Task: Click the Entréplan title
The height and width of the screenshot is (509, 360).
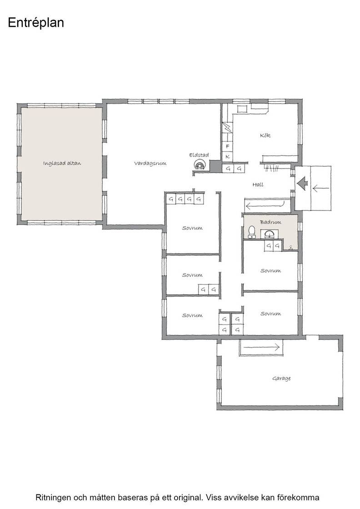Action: tap(36, 23)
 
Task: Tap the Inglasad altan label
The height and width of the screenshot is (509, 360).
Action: tap(62, 163)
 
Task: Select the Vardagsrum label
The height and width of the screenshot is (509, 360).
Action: tap(150, 163)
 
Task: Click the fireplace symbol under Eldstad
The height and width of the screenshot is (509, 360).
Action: tap(199, 165)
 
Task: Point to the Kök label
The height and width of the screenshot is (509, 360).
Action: tap(265, 135)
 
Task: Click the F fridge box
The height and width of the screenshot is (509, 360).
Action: tap(228, 146)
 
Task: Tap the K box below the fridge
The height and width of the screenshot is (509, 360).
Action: tap(228, 156)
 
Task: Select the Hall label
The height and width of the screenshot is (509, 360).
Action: tap(258, 185)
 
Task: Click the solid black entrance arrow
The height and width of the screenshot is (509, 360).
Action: tap(302, 184)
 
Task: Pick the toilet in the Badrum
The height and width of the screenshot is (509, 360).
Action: tap(251, 232)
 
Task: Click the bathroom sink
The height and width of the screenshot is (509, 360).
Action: tap(269, 234)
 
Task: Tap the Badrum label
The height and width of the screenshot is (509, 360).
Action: tap(270, 222)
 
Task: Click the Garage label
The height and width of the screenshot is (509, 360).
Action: tap(281, 379)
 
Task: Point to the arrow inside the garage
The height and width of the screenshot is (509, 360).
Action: tap(261, 347)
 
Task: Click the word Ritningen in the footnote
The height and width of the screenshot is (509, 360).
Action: tap(54, 498)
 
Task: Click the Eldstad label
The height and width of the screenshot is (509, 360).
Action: tap(199, 155)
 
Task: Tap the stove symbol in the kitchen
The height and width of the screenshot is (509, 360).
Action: tap(242, 109)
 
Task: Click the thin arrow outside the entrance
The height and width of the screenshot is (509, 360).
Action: tap(321, 188)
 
